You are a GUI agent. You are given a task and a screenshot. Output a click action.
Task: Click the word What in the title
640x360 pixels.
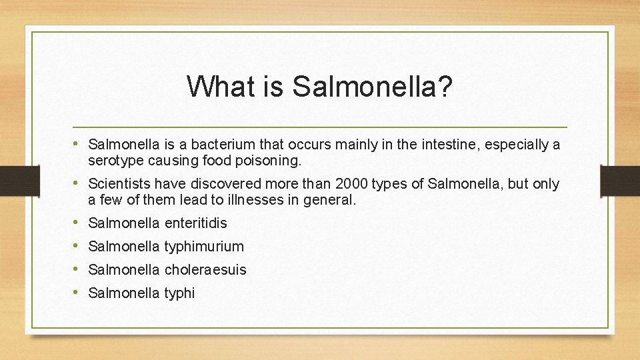(215, 87)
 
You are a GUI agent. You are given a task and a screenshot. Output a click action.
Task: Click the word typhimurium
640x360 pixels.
(204, 247)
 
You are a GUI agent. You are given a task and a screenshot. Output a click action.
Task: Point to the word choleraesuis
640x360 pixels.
(205, 270)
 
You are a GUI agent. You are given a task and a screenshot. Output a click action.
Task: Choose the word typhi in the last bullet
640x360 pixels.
(179, 293)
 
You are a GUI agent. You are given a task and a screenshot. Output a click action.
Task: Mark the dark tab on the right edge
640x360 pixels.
(620, 180)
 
